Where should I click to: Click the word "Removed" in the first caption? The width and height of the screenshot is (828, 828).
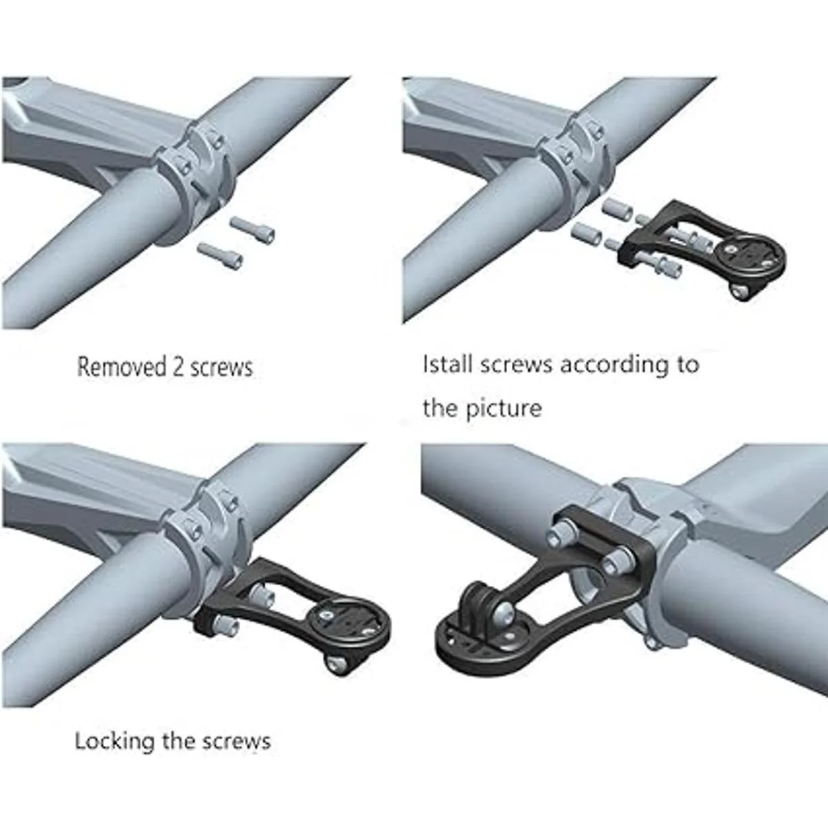(121, 367)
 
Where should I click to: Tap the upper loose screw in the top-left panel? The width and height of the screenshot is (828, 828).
(253, 230)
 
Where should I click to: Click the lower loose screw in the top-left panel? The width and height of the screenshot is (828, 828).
(220, 256)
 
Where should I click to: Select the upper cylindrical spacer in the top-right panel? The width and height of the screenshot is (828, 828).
(618, 210)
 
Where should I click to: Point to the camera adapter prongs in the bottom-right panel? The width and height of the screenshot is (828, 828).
(480, 601)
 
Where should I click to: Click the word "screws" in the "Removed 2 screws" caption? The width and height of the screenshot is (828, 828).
(221, 368)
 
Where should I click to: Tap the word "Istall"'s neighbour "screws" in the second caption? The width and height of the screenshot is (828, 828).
(515, 365)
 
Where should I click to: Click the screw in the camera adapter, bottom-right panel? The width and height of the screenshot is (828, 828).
(504, 615)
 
